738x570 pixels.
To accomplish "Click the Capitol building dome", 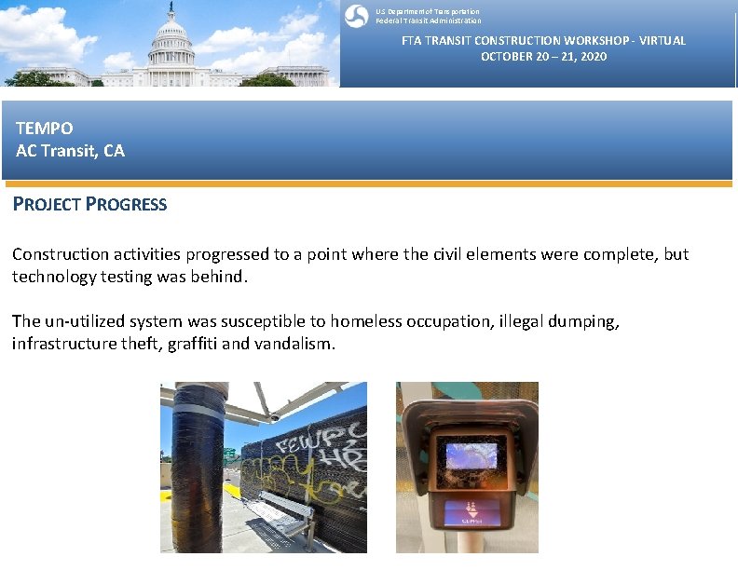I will point(171,32).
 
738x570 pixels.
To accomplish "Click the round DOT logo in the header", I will point(355,16).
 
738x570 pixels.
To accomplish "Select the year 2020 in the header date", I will point(592,57).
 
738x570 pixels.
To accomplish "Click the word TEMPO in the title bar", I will point(44,129).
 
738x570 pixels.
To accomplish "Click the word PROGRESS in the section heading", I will point(126,205).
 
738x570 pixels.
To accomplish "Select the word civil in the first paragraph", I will point(446,254).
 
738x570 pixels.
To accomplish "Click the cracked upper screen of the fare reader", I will point(472,455).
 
